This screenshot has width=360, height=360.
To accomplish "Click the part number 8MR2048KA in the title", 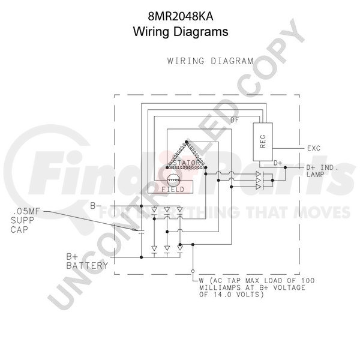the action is point(181,17).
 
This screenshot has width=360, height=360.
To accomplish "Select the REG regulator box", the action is point(263,142).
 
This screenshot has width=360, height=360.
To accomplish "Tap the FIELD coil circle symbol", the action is point(173,181).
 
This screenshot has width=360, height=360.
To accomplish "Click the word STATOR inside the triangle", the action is point(187,163).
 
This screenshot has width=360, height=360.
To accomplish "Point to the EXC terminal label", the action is point(314,148).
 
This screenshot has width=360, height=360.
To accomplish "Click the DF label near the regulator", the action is point(235,120).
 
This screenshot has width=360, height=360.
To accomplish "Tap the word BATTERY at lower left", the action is point(87,266).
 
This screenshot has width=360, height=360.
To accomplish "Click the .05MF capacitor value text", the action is point(25,211).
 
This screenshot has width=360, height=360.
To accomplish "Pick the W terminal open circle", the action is point(193,271).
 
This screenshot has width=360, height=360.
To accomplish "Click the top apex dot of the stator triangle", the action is point(187,142).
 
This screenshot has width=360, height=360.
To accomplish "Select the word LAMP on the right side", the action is point(315,175).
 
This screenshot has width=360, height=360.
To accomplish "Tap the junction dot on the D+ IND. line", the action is point(285,167).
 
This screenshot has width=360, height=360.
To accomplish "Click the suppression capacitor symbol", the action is point(141,232).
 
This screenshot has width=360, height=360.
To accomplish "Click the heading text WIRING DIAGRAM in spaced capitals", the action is point(211,61).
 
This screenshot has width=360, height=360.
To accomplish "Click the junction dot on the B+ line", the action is point(141,257).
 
